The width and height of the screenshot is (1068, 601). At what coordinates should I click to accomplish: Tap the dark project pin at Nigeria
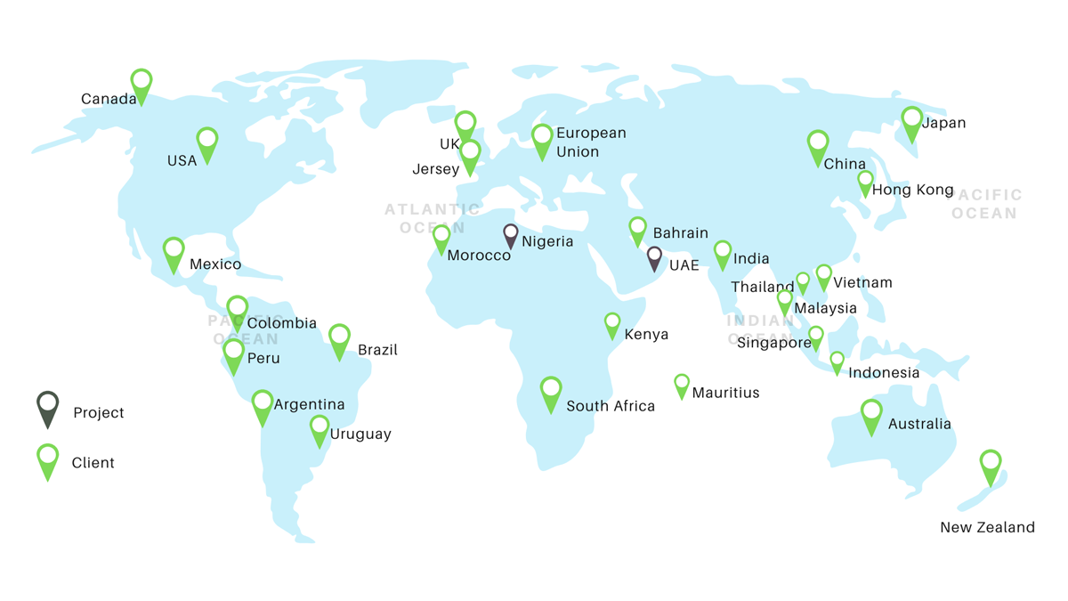pos(510,234)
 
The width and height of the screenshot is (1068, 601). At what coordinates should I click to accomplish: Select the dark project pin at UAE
pos(654,257)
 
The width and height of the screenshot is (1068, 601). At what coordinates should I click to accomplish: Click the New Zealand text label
pos(987,527)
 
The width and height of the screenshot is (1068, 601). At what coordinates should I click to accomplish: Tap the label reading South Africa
pos(610,406)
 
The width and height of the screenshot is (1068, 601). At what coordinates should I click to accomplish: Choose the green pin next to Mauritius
pos(681,385)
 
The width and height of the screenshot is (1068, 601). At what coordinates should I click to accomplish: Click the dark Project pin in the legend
pos(48,407)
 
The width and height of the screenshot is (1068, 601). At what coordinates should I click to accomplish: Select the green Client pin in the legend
pos(48,459)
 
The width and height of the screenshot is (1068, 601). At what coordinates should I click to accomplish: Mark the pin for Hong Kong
pos(865,183)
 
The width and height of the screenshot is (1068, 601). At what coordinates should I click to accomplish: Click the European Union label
pos(591,142)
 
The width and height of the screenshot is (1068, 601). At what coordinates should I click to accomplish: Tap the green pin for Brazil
pos(339,339)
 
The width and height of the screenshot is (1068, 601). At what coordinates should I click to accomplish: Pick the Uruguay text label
pos(360,435)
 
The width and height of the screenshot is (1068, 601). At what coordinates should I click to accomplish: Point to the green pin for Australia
pos(871,415)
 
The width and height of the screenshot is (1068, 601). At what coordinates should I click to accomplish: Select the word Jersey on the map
pos(435,169)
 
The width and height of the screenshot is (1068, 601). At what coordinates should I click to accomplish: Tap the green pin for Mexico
pos(174,253)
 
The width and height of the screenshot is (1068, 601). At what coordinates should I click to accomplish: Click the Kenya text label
pos(646,335)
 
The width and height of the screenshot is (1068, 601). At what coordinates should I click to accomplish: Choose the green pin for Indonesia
pos(837,361)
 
